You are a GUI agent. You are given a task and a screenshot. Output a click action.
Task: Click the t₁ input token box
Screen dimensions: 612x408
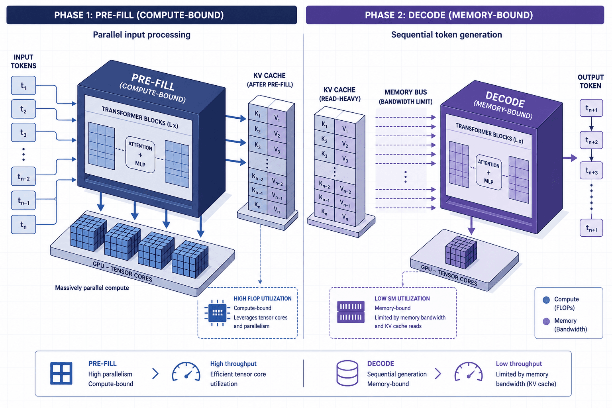tap(24, 86)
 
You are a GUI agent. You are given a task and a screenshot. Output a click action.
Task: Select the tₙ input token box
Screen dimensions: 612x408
tap(24, 225)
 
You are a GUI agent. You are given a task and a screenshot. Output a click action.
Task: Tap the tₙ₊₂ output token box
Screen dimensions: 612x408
tap(591, 140)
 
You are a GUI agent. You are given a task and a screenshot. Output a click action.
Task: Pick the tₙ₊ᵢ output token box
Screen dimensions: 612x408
tap(591, 228)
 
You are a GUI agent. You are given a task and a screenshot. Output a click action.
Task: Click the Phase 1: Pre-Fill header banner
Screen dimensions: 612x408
tap(152, 15)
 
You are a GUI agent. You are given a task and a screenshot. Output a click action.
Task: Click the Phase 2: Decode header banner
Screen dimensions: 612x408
tap(455, 15)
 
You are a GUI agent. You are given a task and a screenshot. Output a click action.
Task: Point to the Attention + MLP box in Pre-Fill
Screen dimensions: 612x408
tap(140, 155)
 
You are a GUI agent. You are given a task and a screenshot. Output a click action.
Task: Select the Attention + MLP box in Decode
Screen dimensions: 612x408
tap(488, 173)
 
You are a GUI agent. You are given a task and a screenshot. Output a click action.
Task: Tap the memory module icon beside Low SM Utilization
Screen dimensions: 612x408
tap(351, 312)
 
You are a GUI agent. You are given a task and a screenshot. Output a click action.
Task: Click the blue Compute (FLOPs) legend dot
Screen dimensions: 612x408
tap(546, 300)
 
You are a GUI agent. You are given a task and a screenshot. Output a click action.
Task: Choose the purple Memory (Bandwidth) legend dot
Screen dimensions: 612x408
tap(546, 322)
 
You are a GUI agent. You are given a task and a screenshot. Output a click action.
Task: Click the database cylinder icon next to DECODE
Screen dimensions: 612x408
tap(347, 373)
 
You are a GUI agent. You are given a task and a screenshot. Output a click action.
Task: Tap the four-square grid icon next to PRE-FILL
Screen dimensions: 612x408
tap(61, 373)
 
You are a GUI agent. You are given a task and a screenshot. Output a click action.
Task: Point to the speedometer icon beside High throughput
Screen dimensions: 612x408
tap(186, 372)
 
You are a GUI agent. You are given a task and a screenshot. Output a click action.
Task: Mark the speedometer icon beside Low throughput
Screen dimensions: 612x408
tap(469, 372)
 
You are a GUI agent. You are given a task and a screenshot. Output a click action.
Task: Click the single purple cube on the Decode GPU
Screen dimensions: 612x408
tap(461, 252)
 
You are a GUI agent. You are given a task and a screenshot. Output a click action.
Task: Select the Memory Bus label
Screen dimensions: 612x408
tap(406, 97)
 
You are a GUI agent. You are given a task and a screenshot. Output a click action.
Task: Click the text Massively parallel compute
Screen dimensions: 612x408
tap(92, 288)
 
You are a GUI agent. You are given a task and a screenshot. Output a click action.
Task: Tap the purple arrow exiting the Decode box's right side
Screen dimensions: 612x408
tap(570, 158)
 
